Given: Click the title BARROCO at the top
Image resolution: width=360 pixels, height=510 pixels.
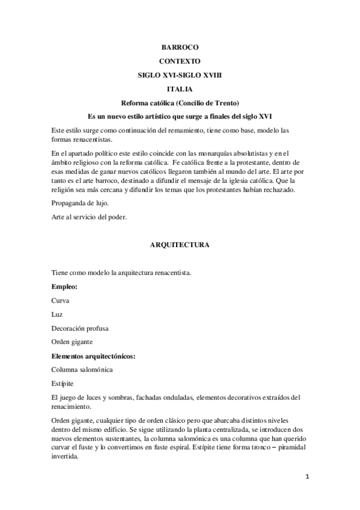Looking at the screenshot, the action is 180,46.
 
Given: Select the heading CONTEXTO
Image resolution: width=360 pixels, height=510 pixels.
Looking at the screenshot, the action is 180,61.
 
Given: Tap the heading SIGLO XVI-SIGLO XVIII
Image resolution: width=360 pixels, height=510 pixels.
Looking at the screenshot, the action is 180,75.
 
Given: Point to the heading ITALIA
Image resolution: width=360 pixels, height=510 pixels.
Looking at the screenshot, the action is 180,88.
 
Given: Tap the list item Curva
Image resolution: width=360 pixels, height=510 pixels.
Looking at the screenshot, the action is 61,301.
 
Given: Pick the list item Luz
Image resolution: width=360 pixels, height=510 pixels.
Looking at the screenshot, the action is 58,315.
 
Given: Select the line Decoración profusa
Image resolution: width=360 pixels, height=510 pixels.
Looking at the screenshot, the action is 79,328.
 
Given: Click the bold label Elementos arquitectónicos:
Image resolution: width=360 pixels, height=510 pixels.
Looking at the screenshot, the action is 93,355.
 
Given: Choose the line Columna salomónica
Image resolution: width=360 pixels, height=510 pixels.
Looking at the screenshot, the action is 82,369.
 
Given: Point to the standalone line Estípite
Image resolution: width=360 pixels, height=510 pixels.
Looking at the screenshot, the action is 63,383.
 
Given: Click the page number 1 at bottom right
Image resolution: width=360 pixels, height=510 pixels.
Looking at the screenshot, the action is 307,477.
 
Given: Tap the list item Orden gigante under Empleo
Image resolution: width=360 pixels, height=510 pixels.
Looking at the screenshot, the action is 72,342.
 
